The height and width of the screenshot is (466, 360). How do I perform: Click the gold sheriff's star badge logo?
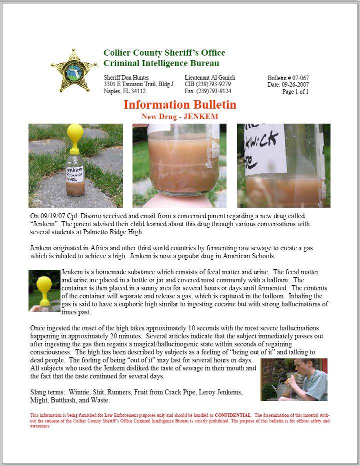(x=74, y=71)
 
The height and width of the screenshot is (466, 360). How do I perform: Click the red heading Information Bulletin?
(x=179, y=105)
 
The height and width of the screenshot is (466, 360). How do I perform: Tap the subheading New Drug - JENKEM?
(x=179, y=117)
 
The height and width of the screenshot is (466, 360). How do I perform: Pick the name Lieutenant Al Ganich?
(x=209, y=78)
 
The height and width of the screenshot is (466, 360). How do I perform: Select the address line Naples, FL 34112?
(x=124, y=91)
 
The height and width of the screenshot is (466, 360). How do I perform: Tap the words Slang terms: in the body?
(x=47, y=393)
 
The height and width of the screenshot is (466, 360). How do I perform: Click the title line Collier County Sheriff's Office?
(x=164, y=53)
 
